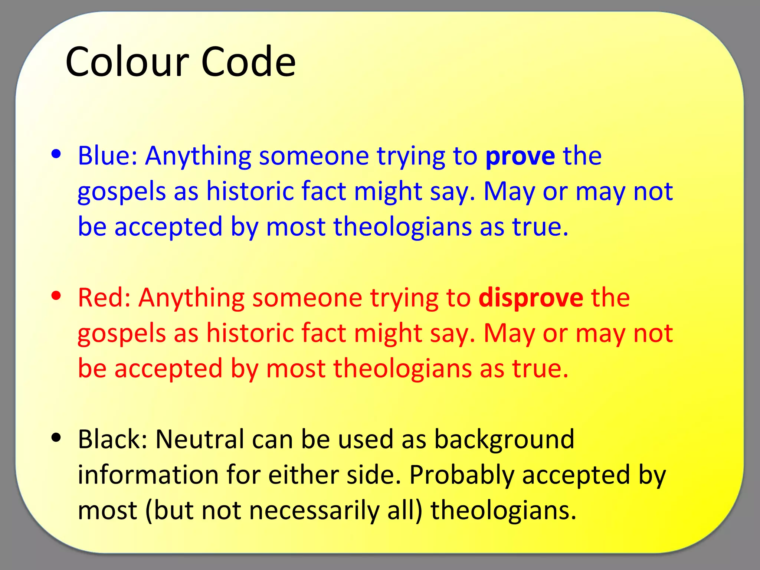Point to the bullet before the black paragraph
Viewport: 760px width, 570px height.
click(x=56, y=438)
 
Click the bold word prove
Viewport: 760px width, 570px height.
click(x=520, y=156)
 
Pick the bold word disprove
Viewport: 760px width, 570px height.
click(x=531, y=298)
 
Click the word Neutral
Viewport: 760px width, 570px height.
click(x=200, y=439)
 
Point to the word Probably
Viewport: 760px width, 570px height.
click(x=462, y=475)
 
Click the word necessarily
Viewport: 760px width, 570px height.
click(x=314, y=511)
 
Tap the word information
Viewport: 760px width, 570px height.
click(x=148, y=475)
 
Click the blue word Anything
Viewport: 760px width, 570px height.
click(x=198, y=156)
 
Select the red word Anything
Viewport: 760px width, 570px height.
click(x=191, y=298)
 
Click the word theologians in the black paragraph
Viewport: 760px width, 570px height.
click(x=500, y=510)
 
